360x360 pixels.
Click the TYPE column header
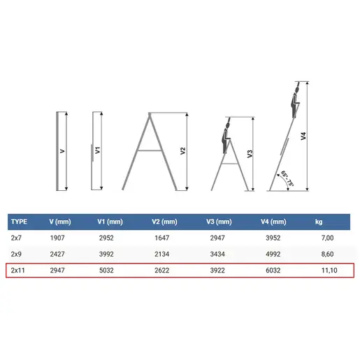pyautogui.click(x=19, y=222)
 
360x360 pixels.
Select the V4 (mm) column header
pyautogui.click(x=273, y=222)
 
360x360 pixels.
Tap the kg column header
pyautogui.click(x=319, y=222)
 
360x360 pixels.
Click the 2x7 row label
pyautogui.click(x=16, y=238)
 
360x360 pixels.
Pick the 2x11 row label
pyautogui.click(x=17, y=271)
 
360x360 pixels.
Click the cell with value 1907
pyautogui.click(x=57, y=238)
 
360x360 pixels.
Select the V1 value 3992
pyautogui.click(x=106, y=254)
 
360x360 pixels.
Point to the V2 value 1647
pyautogui.click(x=161, y=238)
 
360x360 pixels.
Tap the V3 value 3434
pyautogui.click(x=217, y=254)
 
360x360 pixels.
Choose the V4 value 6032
pyautogui.click(x=273, y=271)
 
